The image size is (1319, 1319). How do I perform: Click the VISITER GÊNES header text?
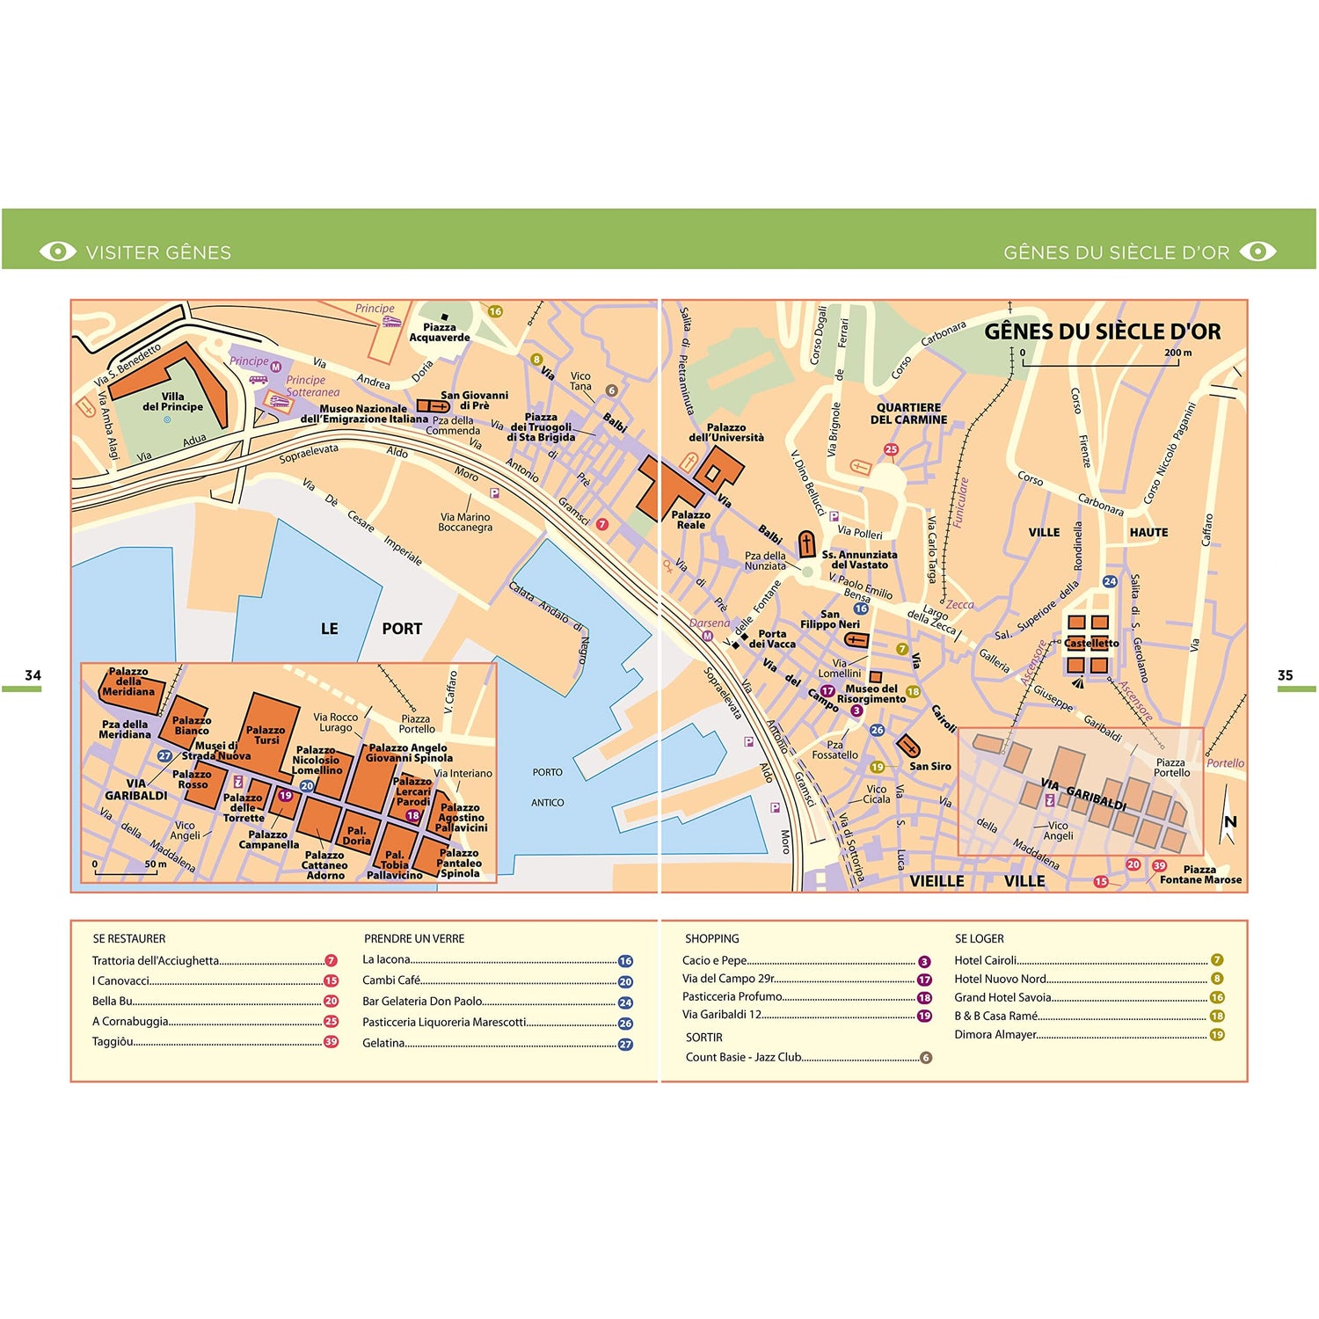[x=158, y=252]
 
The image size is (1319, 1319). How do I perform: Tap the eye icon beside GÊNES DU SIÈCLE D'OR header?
[x=1257, y=251]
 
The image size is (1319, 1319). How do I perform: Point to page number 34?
[x=33, y=675]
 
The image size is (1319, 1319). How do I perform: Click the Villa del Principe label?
[x=172, y=402]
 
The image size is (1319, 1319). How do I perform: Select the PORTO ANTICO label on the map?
[x=547, y=787]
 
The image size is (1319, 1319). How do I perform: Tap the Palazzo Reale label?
[x=690, y=520]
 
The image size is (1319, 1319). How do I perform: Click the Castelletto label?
[x=1091, y=643]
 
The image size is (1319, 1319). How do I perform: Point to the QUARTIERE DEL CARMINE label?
[x=908, y=413]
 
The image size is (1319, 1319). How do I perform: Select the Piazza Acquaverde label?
[x=440, y=332]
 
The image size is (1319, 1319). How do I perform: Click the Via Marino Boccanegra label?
[x=465, y=522]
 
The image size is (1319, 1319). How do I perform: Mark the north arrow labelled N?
[x=1229, y=819]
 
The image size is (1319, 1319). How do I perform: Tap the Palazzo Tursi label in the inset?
[x=266, y=735]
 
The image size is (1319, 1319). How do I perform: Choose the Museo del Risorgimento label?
[x=871, y=694]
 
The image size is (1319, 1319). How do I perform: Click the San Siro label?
[x=929, y=766]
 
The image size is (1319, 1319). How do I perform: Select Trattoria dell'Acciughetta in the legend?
[x=156, y=960]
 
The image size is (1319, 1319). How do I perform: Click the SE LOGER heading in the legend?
[x=979, y=938]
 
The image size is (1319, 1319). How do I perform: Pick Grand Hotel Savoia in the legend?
[x=1002, y=997]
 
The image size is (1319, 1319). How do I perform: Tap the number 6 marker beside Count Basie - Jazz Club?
[x=925, y=1058]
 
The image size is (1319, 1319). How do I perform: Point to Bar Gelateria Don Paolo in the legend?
[x=422, y=1001]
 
